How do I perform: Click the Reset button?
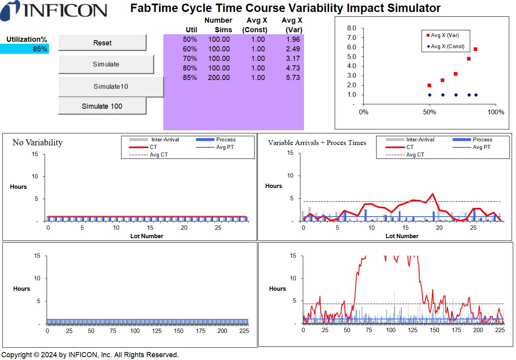point(102,43)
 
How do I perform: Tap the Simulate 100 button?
point(102,106)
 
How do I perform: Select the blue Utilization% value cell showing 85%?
point(24,49)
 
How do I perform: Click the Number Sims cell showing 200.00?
point(219,78)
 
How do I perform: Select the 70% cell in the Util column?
point(190,59)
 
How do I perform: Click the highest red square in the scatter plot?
point(475,49)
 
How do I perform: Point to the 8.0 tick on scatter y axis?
point(351,28)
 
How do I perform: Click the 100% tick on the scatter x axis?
point(496,112)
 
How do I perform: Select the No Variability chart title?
point(37,143)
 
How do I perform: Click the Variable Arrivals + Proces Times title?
point(317,143)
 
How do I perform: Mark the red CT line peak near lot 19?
point(432,194)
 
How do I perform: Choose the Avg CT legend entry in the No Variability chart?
point(159,155)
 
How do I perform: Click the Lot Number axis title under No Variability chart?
point(147,236)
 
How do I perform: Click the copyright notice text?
point(90,354)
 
